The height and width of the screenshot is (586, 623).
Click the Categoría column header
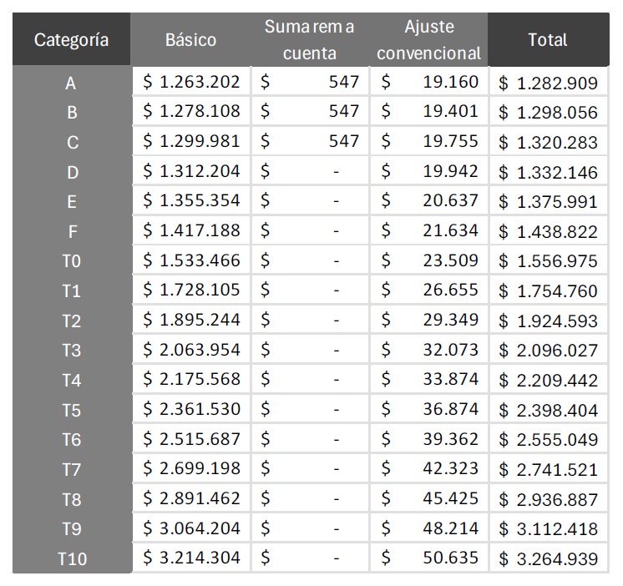point(72,40)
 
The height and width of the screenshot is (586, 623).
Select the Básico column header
point(190,40)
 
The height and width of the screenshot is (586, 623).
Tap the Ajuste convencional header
point(429,40)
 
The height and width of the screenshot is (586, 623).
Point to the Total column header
point(548,39)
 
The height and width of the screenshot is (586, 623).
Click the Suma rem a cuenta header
point(309,40)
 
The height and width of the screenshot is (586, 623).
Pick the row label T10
point(72,559)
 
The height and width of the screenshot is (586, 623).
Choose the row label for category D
point(72,173)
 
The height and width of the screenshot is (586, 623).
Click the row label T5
point(72,411)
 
